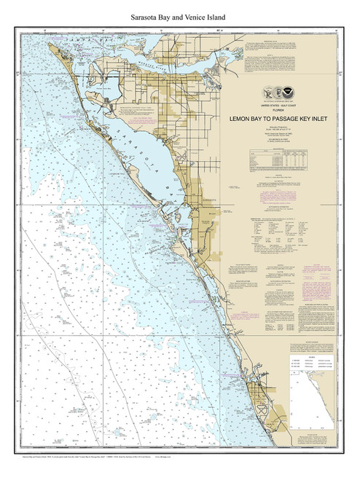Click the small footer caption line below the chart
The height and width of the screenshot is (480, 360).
109,467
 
